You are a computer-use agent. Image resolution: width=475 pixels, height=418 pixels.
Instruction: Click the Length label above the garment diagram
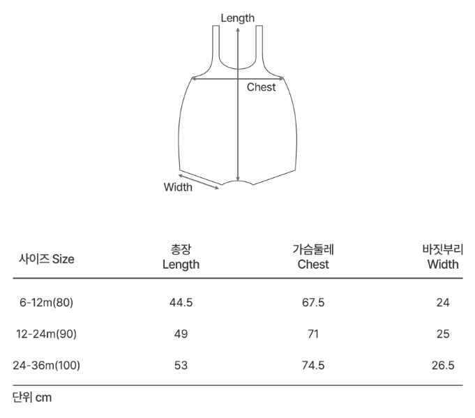(x=237, y=18)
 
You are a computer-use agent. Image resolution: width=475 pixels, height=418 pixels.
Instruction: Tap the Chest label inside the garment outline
(x=261, y=87)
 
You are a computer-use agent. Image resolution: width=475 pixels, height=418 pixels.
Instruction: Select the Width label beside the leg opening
(x=178, y=187)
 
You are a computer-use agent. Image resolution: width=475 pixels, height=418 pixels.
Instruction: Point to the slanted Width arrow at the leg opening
(x=199, y=182)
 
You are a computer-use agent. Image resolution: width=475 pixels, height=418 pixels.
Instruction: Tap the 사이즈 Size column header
(x=46, y=259)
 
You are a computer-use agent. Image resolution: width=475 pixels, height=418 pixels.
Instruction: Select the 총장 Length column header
(x=181, y=257)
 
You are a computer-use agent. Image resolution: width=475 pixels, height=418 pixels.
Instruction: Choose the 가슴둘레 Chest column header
(x=313, y=257)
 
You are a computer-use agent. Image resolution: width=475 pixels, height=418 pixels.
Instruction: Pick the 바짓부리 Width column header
(x=443, y=257)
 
